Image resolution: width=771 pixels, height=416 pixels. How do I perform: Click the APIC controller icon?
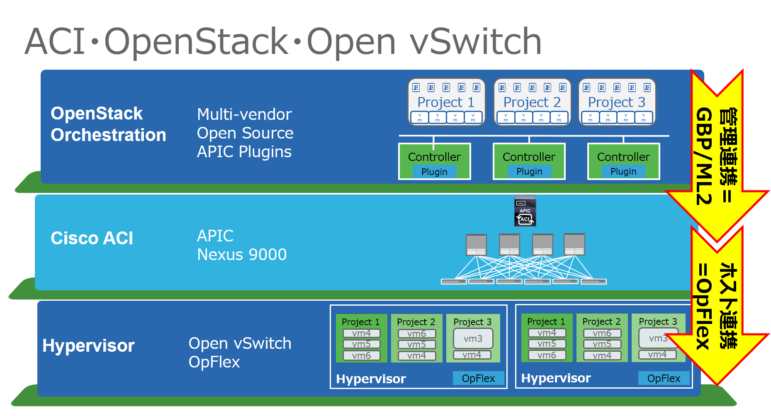point(525,211)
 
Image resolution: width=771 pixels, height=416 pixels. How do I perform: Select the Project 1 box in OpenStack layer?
point(446,102)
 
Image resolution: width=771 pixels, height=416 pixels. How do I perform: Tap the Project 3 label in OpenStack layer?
point(617,102)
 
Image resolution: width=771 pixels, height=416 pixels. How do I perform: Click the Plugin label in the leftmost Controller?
point(434,172)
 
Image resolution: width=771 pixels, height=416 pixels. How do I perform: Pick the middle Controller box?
point(529,161)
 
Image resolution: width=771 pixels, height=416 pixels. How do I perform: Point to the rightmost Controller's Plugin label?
point(623,172)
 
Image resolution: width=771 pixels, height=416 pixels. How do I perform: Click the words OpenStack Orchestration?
point(108,124)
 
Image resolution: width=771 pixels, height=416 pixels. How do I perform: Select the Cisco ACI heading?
point(92,238)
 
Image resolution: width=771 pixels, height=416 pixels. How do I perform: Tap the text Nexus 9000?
point(242,255)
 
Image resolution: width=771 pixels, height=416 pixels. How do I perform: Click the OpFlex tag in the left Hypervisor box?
point(478,378)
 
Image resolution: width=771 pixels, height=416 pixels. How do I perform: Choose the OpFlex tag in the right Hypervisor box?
point(664,378)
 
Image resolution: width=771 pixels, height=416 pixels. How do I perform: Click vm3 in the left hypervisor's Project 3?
point(473,338)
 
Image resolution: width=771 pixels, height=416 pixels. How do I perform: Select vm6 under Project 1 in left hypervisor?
point(361,355)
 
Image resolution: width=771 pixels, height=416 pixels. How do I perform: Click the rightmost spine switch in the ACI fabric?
point(574,244)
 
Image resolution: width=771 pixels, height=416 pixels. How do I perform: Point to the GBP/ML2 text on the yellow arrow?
point(704,156)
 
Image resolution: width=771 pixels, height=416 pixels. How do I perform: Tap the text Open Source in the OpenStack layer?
point(245,133)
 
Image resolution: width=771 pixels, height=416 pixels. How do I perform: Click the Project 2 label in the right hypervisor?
point(601,321)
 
